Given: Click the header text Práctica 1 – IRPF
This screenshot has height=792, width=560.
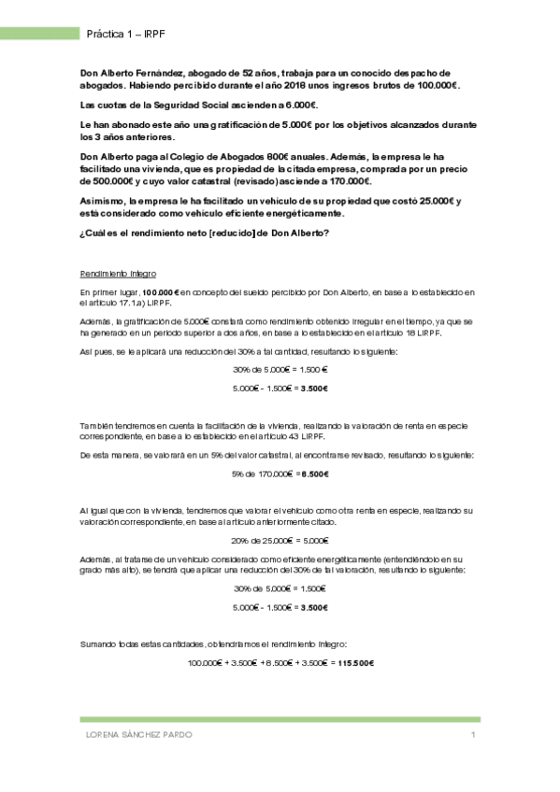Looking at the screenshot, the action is tap(125, 34).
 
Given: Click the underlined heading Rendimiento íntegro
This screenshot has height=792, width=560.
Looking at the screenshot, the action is tap(118, 274).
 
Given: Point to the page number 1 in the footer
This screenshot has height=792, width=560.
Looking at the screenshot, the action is tap(474, 735).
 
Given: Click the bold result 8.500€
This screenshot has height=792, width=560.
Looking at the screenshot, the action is tap(313, 474).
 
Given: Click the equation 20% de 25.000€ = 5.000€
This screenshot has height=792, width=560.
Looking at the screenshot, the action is tap(280, 539).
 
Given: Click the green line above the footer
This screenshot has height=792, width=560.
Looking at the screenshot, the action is tap(280, 719).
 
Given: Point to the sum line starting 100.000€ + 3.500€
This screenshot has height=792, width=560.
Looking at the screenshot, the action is tap(280, 662).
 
